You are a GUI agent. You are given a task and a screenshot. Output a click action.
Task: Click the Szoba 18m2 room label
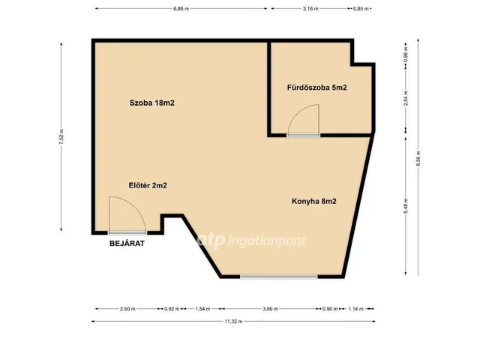(151, 103)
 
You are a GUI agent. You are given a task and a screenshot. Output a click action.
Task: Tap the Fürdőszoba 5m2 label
(316, 88)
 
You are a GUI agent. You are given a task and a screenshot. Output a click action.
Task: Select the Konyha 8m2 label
(314, 201)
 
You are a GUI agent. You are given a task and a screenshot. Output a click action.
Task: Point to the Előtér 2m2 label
(148, 185)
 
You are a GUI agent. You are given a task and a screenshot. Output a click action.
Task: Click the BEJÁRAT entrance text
(127, 244)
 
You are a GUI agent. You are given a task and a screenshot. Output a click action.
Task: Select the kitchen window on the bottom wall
(278, 277)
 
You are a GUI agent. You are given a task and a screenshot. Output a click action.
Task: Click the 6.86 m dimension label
(181, 9)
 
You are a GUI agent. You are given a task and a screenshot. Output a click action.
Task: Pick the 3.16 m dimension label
(310, 9)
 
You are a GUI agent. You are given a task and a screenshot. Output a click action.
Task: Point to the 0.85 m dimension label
(361, 9)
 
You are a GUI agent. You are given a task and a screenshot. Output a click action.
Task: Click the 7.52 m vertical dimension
(61, 136)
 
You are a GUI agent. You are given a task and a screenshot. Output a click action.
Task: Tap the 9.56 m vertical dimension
(418, 158)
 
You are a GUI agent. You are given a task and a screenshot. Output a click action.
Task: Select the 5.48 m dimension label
(406, 205)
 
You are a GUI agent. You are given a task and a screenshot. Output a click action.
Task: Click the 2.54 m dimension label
(406, 98)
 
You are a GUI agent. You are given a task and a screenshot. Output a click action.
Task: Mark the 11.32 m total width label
(233, 322)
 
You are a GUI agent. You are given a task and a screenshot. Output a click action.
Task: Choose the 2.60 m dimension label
(127, 309)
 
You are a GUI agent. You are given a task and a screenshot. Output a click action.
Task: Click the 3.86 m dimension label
(270, 309)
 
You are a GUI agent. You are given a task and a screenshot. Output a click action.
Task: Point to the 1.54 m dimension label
(202, 309)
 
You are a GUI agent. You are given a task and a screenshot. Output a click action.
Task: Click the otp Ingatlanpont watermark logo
(251, 241)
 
